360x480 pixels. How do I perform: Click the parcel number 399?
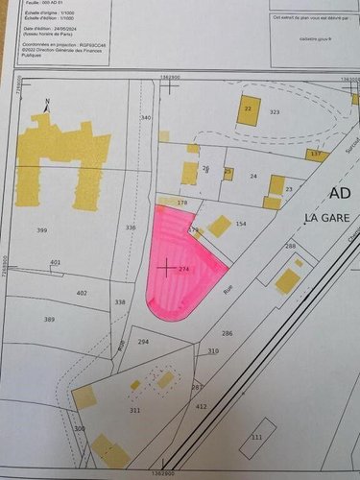coord(42,231)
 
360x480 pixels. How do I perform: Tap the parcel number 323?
coord(275,113)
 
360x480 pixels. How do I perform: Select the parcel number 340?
coord(146,118)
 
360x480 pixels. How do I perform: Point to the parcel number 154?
coord(240,224)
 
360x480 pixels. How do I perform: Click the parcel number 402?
coord(82,293)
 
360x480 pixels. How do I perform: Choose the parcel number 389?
coord(49,320)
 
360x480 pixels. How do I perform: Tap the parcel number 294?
coord(143,342)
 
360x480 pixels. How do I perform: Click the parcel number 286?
coord(228,333)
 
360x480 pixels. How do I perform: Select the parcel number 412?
coord(202,407)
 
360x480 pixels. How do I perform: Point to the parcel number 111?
coord(254,437)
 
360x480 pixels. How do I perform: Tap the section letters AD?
coord(340,193)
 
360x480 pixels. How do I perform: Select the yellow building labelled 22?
coord(249,109)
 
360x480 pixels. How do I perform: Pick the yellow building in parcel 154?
coord(220,226)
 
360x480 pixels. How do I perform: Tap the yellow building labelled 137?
coord(318,155)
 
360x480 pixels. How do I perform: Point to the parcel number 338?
coord(120,301)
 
